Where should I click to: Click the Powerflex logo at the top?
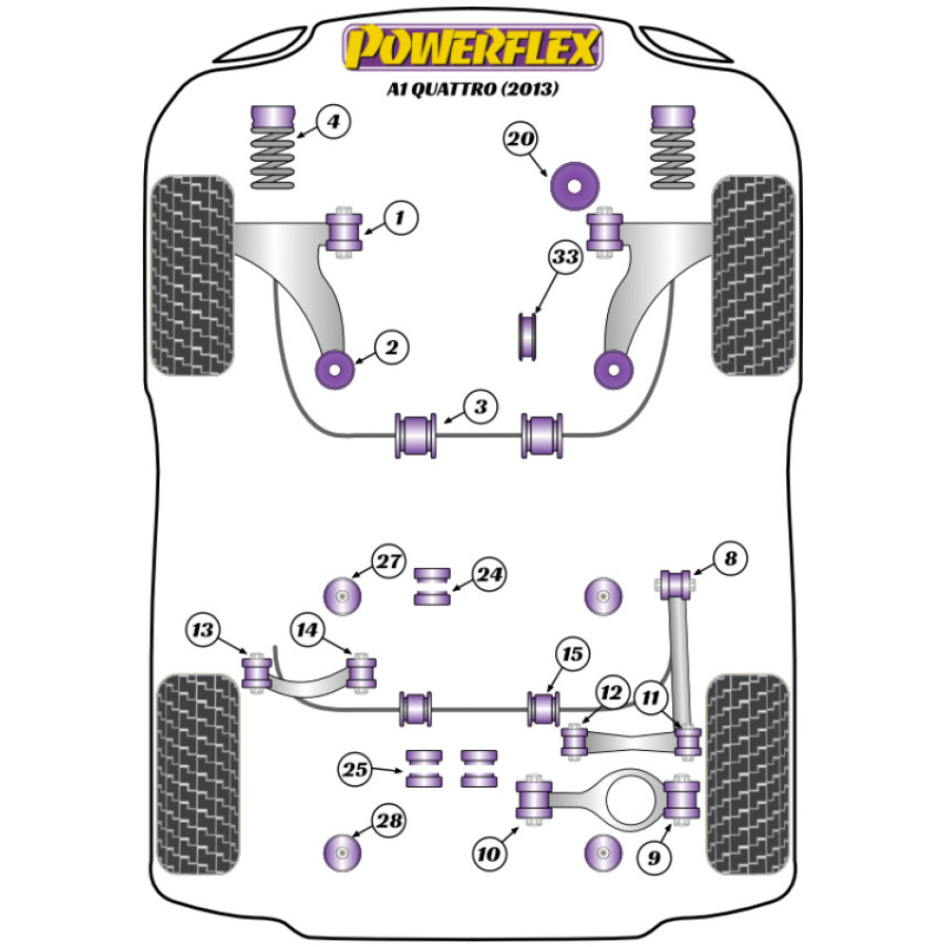473,47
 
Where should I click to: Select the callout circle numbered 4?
333,122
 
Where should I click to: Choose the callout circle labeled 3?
480,407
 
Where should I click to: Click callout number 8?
730,559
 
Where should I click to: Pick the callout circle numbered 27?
387,561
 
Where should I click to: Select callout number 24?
491,574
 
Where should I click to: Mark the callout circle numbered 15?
573,653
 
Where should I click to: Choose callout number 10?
489,854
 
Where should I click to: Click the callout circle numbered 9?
651,858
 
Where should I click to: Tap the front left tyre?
193,275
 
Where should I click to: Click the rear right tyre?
748,773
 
